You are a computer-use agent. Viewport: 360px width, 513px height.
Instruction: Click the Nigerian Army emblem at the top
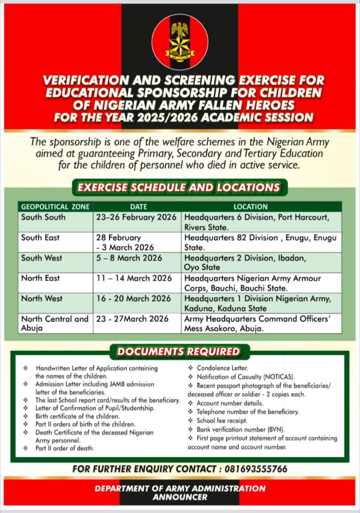point(180,42)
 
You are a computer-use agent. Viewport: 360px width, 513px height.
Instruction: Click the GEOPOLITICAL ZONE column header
point(55,206)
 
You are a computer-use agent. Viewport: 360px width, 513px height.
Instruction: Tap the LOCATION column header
point(261,206)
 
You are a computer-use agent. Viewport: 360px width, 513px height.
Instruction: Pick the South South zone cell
point(44,217)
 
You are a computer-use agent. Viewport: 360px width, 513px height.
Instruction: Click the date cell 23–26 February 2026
point(136,217)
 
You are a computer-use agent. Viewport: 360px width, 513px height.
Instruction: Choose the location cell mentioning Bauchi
point(253,283)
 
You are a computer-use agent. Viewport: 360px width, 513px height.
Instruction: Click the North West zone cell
point(42,299)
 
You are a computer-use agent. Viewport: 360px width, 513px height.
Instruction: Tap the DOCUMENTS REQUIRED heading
point(178,351)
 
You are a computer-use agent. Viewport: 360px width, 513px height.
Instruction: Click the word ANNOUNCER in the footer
point(180,497)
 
